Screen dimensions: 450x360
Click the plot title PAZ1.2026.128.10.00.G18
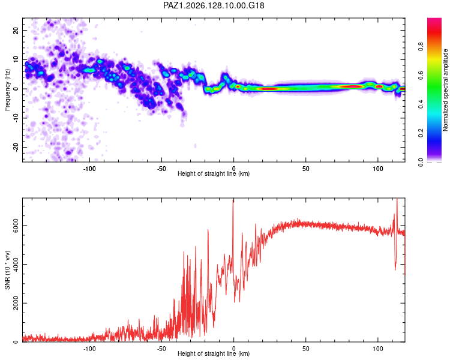[x=214, y=5]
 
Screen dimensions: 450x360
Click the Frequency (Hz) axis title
[x=7, y=89]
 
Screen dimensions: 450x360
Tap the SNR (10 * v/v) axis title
[x=7, y=270]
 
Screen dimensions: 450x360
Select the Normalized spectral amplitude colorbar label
[x=445, y=89]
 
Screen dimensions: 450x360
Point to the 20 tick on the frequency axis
[x=16, y=30]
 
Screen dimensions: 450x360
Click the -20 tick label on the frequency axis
[x=16, y=147]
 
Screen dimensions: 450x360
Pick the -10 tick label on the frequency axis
[x=16, y=118]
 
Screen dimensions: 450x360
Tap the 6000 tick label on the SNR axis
[x=16, y=226]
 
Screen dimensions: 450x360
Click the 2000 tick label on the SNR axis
[x=16, y=303]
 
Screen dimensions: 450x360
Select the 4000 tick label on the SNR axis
[x=16, y=264]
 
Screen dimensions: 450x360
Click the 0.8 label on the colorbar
[x=421, y=46]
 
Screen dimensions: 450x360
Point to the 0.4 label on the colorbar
[x=421, y=104]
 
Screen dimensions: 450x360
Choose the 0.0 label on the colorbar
[x=421, y=162]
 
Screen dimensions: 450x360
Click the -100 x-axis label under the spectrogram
[x=89, y=169]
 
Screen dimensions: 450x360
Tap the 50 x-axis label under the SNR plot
[x=306, y=349]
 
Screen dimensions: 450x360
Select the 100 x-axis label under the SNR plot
[x=378, y=349]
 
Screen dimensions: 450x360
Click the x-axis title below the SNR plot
[x=214, y=353]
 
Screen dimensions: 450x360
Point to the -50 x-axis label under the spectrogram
[x=161, y=169]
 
